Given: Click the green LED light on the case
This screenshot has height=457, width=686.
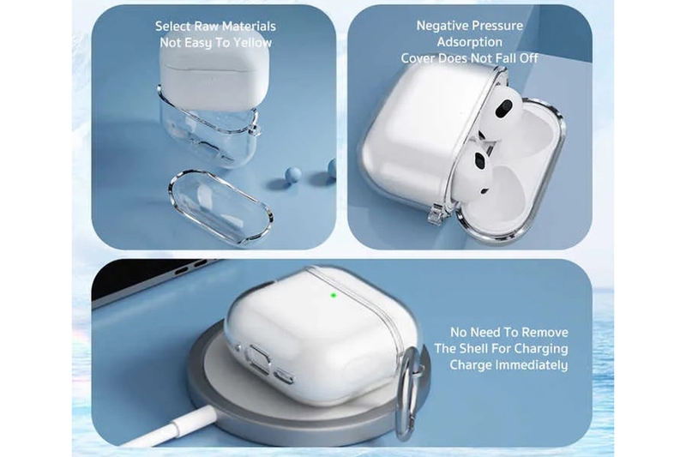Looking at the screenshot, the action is [334, 295].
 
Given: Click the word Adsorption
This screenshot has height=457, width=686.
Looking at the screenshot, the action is [469, 42].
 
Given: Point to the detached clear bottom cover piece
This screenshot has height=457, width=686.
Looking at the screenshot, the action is [220, 207].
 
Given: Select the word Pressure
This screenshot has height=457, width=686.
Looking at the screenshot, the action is [499, 26].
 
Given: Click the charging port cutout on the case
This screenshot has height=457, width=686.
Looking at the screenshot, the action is [260, 357].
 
